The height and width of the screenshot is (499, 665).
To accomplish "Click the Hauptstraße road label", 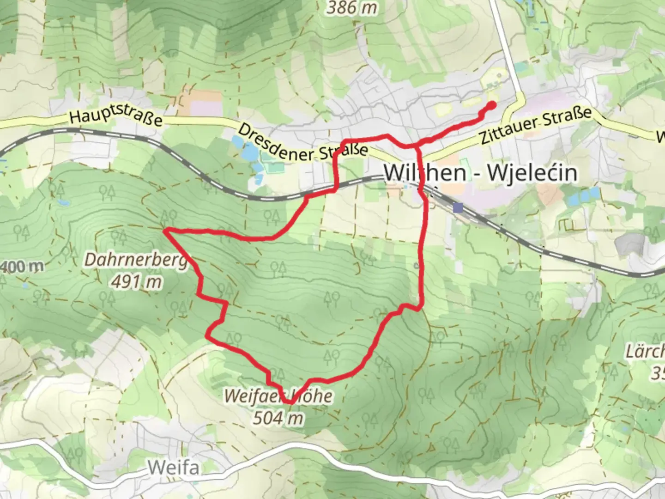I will (116, 114).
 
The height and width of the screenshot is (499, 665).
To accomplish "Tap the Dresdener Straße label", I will (302, 143).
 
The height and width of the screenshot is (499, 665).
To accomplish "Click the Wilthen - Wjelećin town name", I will (480, 173).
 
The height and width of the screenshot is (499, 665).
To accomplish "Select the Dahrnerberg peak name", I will (136, 260).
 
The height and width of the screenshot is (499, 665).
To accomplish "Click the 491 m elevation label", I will (137, 281).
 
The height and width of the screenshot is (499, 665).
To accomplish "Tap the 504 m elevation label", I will (278, 418).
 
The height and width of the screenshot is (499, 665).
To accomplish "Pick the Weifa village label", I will (174, 468).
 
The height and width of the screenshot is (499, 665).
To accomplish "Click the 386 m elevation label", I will (352, 7).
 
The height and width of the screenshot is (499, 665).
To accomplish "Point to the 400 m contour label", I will (22, 267).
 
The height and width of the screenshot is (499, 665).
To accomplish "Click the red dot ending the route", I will (491, 105).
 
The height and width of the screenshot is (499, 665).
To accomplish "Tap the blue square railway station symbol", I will (458, 208).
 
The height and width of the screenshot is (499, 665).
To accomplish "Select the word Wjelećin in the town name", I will (532, 173).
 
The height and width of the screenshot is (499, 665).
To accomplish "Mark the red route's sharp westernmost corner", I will (165, 230).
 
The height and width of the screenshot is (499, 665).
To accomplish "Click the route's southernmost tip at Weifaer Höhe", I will (290, 402).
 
